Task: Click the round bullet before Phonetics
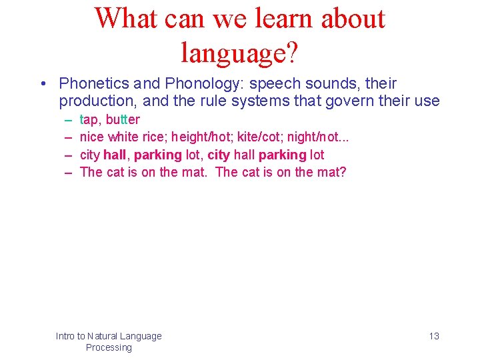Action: [42, 84]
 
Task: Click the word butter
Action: [123, 120]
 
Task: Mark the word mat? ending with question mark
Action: [331, 172]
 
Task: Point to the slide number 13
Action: [434, 336]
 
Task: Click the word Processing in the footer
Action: [109, 347]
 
